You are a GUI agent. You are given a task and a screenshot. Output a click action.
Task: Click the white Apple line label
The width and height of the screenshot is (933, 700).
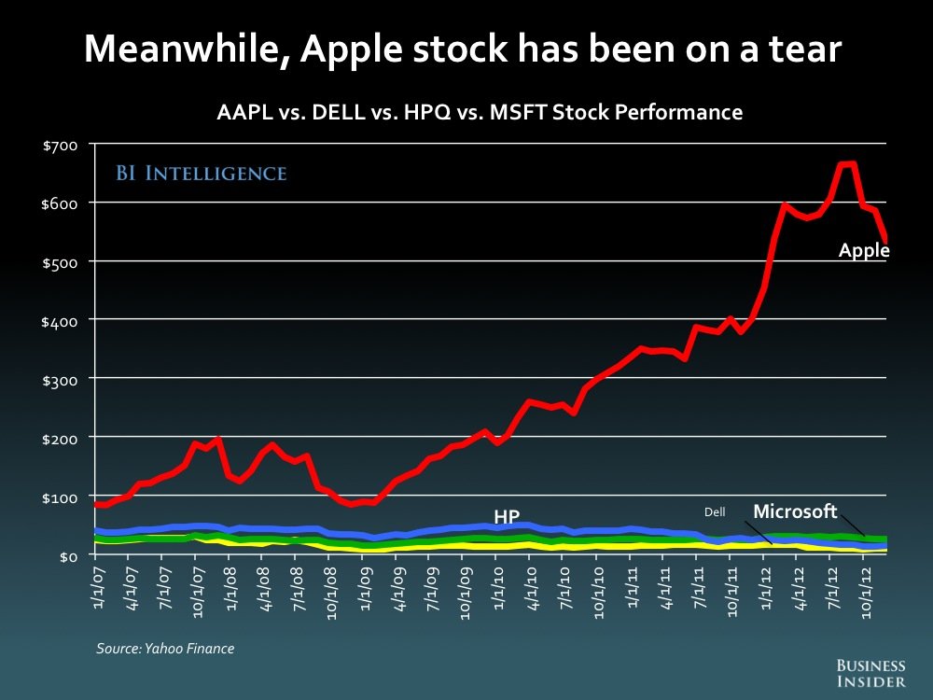(863, 250)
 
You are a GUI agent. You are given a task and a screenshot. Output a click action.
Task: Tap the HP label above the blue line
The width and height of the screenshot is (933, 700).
(508, 516)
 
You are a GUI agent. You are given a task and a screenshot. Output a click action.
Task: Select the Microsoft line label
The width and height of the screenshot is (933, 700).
(795, 511)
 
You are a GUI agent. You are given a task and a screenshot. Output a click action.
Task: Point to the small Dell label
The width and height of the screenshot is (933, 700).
(715, 511)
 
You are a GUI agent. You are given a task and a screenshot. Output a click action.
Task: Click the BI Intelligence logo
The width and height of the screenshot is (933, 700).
(201, 174)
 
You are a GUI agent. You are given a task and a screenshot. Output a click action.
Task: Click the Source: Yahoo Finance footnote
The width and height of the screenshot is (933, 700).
(165, 648)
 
